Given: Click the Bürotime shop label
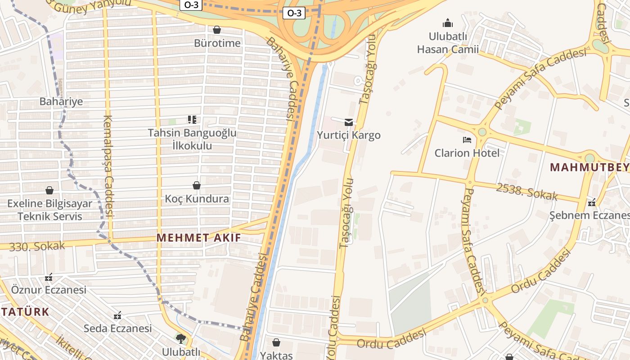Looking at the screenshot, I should coord(217,43).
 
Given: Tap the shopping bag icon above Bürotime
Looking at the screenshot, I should coord(217,30).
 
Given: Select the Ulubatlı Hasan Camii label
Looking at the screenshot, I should coord(447,43).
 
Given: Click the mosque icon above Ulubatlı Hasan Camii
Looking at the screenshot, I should coord(447,22).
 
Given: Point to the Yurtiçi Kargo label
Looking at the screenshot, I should coord(348,135).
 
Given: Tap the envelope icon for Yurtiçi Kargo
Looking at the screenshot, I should coord(348,122).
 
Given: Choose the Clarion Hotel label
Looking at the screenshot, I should coord(467,153).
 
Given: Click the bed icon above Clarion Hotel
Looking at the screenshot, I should coord(467,140).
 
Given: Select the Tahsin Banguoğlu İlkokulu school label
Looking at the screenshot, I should coord(192,139).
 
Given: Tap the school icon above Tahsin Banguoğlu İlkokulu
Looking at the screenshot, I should coord(192,120).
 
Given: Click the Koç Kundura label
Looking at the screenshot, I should coord(197,198).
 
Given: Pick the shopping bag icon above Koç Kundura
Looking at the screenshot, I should coord(197,185).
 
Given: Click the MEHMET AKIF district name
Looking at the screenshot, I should coord(198,238).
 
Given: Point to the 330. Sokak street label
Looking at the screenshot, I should coord(37,246).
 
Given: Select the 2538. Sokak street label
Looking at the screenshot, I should coord(526,192).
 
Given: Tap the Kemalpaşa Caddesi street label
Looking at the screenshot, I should coord(108,166).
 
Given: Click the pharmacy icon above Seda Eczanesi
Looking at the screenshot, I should coord(117,315).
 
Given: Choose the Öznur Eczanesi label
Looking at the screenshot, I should coord(49,289).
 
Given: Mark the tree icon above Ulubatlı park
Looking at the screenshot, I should coord(181,338).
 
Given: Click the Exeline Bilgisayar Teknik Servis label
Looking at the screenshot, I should coord(49,210).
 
